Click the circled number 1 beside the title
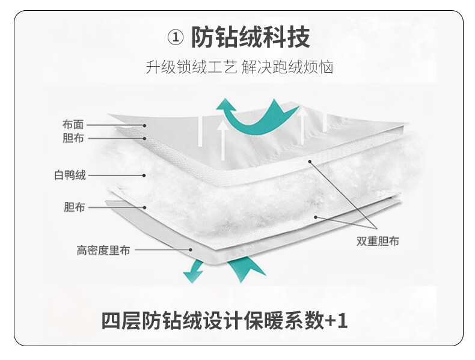click(x=176, y=37)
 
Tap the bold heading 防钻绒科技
click(x=251, y=37)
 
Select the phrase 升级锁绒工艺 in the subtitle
click(x=191, y=67)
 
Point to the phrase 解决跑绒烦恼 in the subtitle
click(x=287, y=67)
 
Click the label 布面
click(x=73, y=124)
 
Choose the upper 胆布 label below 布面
click(x=73, y=138)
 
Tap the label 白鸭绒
click(x=70, y=175)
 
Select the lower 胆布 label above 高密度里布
click(x=74, y=207)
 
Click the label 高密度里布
click(x=103, y=251)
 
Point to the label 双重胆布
click(x=378, y=241)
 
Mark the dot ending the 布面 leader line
click(x=145, y=126)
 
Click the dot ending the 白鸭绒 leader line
click(x=144, y=175)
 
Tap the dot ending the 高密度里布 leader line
click(x=191, y=250)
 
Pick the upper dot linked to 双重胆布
click(x=310, y=162)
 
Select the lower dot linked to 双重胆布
click(x=316, y=217)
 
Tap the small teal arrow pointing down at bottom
click(x=194, y=272)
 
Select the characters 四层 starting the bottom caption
click(x=121, y=321)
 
